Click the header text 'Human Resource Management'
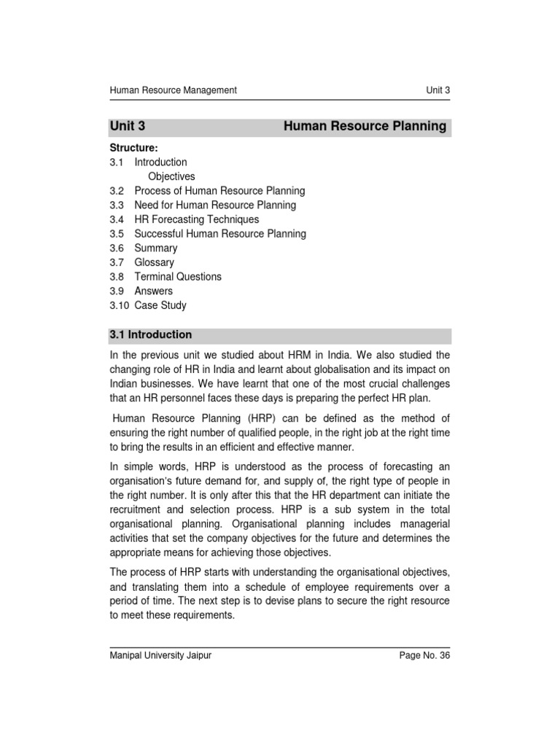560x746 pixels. point(173,90)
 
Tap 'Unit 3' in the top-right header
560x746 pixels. point(438,90)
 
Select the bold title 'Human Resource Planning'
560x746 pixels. point(365,126)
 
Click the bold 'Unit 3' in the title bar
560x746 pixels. point(128,126)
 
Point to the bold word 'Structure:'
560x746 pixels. point(133,148)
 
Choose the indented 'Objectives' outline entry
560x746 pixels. point(171,176)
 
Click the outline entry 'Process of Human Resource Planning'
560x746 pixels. point(219,191)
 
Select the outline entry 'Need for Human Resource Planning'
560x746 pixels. point(215,205)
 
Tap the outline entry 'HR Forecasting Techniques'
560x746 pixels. point(197,219)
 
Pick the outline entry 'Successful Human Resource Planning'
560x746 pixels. point(220,234)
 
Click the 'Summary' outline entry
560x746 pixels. point(155,248)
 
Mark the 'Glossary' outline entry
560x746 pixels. point(155,262)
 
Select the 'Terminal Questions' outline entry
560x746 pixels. point(178,277)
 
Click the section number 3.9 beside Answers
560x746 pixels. point(117,291)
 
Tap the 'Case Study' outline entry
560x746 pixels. point(160,305)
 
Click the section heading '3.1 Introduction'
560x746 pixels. point(151,335)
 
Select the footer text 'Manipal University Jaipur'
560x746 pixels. point(160,656)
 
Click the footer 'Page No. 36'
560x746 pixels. point(425,656)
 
